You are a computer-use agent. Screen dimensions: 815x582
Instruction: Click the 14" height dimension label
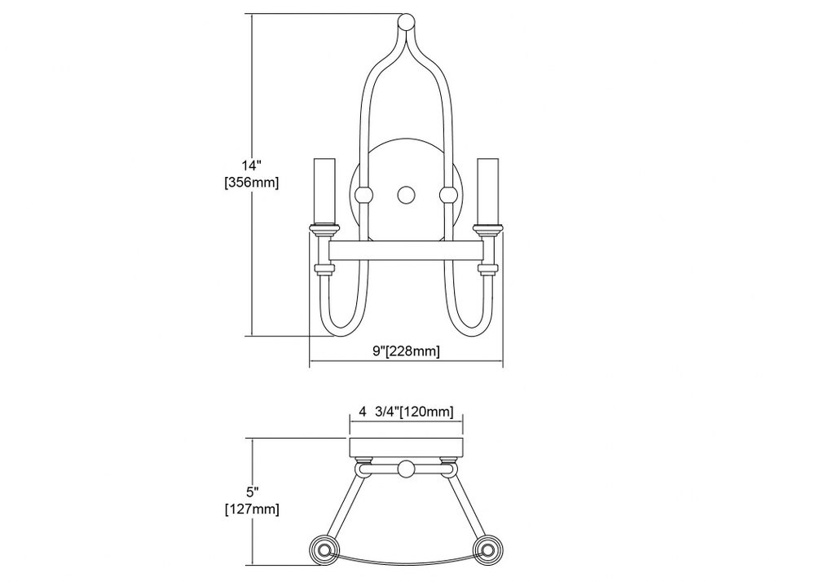[x=251, y=166]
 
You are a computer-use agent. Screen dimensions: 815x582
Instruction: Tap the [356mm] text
[x=252, y=183]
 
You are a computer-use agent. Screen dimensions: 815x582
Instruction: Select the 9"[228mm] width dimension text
[x=406, y=351]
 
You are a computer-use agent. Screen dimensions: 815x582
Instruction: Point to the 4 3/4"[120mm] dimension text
[x=406, y=412]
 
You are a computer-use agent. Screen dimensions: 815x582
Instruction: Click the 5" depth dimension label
[x=253, y=492]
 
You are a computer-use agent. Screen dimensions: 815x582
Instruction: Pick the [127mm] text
[x=252, y=509]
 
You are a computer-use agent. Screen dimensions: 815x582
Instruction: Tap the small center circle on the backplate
[x=406, y=195]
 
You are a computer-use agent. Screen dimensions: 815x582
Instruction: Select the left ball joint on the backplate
[x=363, y=196]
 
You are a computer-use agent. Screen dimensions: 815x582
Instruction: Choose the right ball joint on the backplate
[x=448, y=195]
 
